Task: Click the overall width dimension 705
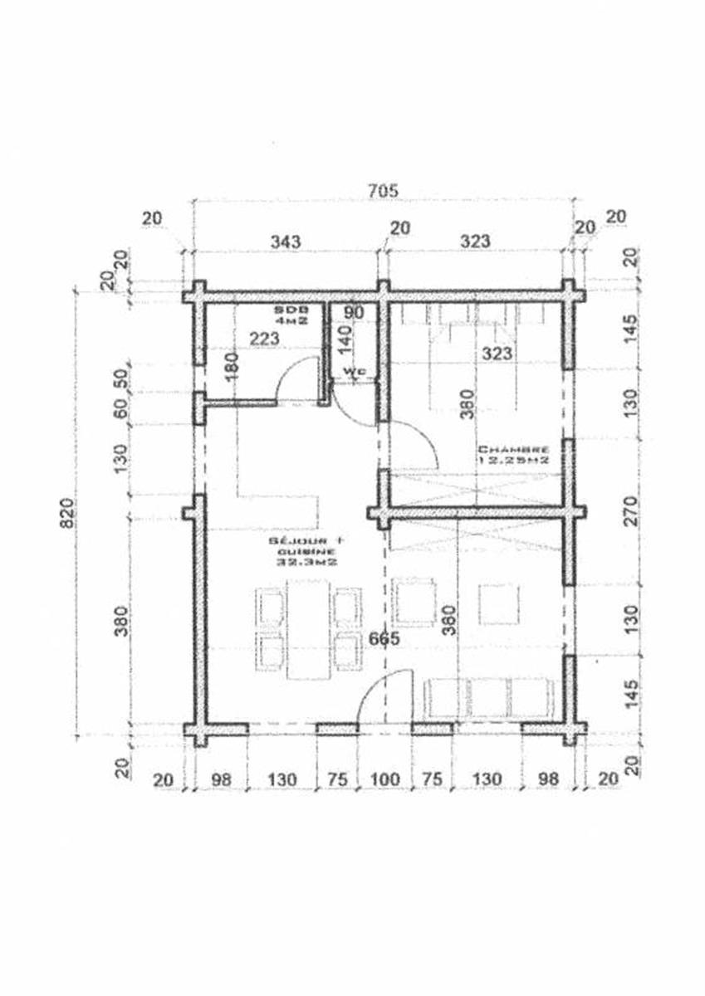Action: coord(384,190)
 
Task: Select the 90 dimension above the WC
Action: coord(354,313)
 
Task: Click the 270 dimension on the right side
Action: coord(632,512)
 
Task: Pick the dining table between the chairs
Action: coord(306,628)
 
